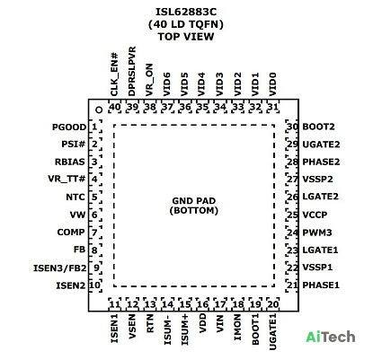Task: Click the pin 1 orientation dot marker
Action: (x=99, y=110)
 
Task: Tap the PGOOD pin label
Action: (x=69, y=127)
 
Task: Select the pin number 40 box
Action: (x=115, y=107)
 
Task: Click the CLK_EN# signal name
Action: (x=114, y=75)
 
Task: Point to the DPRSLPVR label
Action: (x=132, y=71)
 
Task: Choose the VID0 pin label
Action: (x=272, y=84)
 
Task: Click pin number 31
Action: (x=273, y=107)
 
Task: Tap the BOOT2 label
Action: (x=318, y=127)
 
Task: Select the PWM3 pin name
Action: (x=317, y=233)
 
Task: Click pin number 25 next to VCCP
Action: (x=292, y=215)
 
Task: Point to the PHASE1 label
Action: (x=321, y=285)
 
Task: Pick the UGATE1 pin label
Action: (x=272, y=332)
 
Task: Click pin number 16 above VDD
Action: (x=202, y=304)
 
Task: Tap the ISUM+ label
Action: (x=185, y=329)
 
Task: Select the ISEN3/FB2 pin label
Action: (x=59, y=268)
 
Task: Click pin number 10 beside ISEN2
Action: (x=94, y=285)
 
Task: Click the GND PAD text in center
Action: (x=194, y=201)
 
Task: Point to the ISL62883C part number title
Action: (x=186, y=12)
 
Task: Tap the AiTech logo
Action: (x=331, y=337)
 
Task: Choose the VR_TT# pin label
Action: (x=67, y=179)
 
